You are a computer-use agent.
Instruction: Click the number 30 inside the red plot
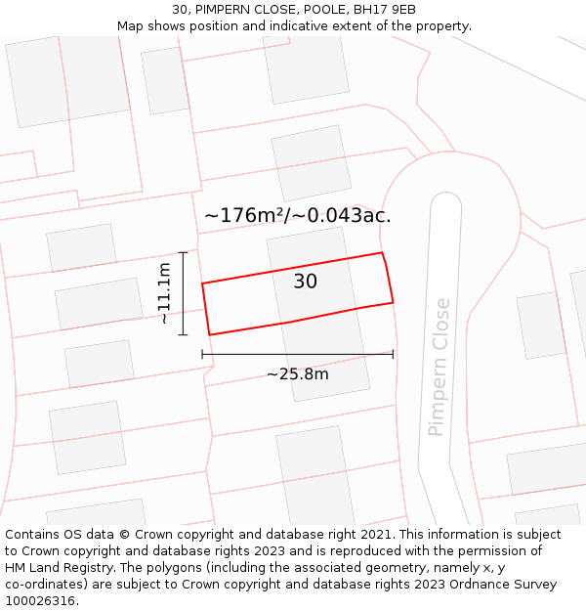click(305, 282)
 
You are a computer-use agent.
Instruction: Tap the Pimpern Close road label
click(439, 367)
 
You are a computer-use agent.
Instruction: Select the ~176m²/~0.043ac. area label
click(297, 215)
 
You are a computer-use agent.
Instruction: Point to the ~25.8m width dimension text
click(297, 373)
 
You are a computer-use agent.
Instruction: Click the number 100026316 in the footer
click(40, 600)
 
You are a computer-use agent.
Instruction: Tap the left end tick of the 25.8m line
click(202, 354)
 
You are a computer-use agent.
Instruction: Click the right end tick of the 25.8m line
click(393, 354)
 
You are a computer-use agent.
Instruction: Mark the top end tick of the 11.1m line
click(183, 252)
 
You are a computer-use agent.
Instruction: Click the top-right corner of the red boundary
click(382, 253)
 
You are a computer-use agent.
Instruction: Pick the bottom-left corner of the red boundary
click(209, 335)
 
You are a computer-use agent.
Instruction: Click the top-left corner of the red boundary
click(202, 284)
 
